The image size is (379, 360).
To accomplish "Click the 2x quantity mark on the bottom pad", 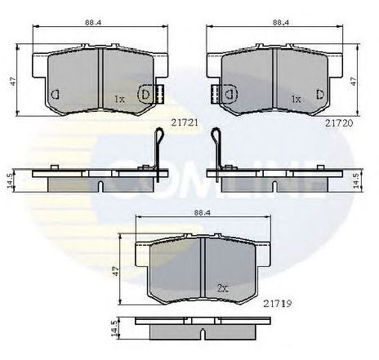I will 222,287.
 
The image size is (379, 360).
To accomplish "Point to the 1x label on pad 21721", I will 118,99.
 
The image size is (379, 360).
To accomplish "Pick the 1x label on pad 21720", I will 297,99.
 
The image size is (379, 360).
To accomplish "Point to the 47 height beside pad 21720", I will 363,82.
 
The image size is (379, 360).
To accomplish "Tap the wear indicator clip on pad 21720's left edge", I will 217,95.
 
